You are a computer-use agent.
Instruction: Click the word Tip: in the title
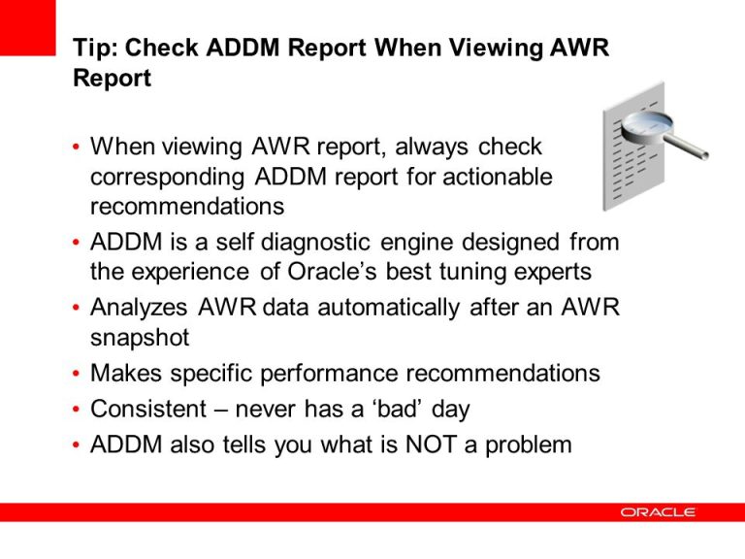click(x=95, y=49)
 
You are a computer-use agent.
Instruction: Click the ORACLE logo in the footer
click(x=658, y=512)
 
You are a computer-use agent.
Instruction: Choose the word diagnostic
click(x=309, y=241)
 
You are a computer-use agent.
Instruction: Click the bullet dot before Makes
click(x=77, y=375)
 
